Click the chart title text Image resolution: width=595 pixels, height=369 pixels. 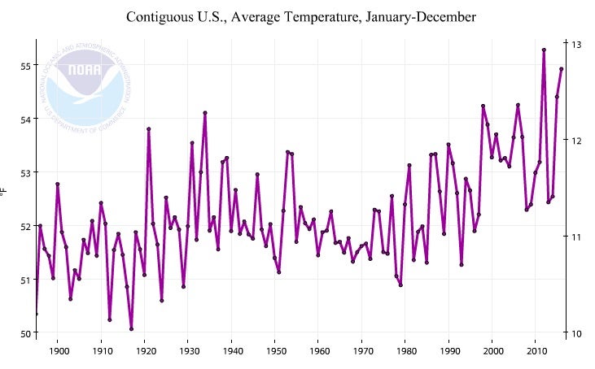[301, 16]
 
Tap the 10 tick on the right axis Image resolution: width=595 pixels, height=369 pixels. [575, 333]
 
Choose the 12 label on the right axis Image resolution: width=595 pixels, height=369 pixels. [575, 140]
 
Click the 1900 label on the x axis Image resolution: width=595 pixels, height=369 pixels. [59, 351]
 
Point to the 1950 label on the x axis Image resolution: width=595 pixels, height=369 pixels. [275, 351]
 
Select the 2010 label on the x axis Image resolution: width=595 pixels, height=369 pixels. [536, 351]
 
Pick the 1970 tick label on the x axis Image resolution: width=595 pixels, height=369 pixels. [362, 351]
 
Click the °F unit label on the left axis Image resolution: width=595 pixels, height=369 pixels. [5, 193]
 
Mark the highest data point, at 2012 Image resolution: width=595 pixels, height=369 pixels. [544, 50]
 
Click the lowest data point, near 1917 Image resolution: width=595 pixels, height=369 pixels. [131, 328]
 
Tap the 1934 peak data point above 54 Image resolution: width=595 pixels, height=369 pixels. [205, 113]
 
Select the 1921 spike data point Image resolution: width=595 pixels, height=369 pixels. [149, 128]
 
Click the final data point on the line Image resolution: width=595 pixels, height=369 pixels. [561, 69]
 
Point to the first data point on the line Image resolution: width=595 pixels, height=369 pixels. [36, 314]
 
